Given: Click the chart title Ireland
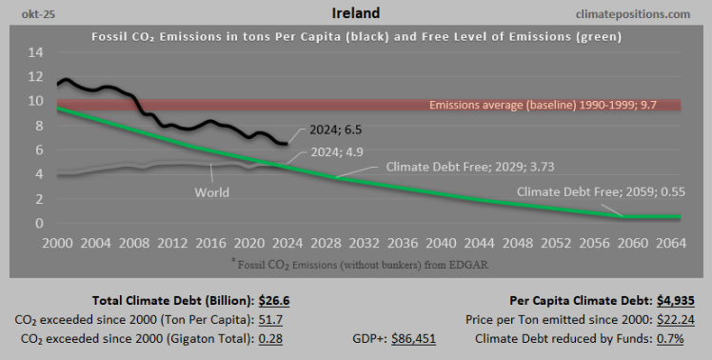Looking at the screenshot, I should point(356,13).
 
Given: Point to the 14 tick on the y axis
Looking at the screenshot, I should point(35,51).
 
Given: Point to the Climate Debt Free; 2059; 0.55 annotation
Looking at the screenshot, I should point(598,190).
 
